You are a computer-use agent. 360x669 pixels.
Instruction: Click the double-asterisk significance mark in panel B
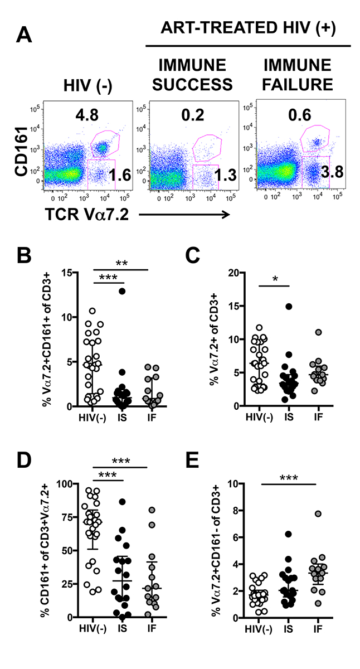(x=120, y=263)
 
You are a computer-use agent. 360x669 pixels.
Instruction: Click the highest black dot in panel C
(x=289, y=306)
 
